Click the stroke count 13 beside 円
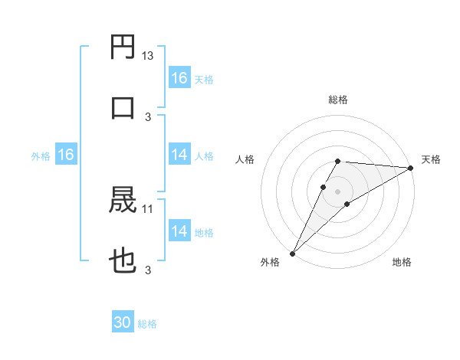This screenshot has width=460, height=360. [x=148, y=56]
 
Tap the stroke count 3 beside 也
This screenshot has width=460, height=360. [x=148, y=270]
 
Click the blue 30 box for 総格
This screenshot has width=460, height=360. [x=123, y=323]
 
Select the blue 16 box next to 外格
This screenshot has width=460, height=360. [x=65, y=155]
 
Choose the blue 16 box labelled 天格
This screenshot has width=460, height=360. [x=179, y=78]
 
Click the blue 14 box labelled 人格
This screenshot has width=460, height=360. [x=179, y=155]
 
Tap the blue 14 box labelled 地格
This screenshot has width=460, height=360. [x=179, y=231]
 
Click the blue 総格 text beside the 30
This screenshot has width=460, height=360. [x=148, y=324]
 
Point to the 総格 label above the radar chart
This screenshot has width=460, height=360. [x=337, y=100]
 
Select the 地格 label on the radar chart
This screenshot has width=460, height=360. [x=402, y=262]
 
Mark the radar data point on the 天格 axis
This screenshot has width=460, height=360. [x=411, y=168]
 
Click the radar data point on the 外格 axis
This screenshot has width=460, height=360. [x=292, y=253]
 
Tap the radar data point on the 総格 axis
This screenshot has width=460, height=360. [x=337, y=161]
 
